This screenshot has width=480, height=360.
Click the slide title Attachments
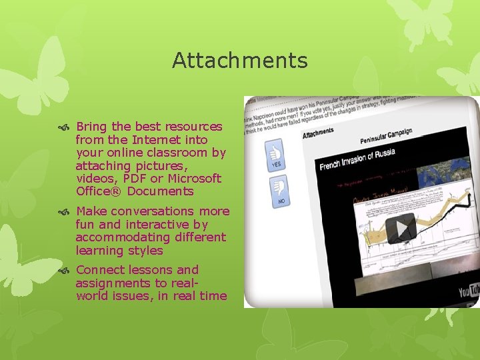coord(240,61)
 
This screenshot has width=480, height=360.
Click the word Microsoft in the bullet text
coord(194,179)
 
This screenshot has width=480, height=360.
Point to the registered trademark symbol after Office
coord(119,191)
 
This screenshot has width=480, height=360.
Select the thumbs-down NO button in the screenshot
coord(279,191)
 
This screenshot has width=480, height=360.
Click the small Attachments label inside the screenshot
coord(318,133)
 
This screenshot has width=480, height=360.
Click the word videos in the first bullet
coord(93,179)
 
